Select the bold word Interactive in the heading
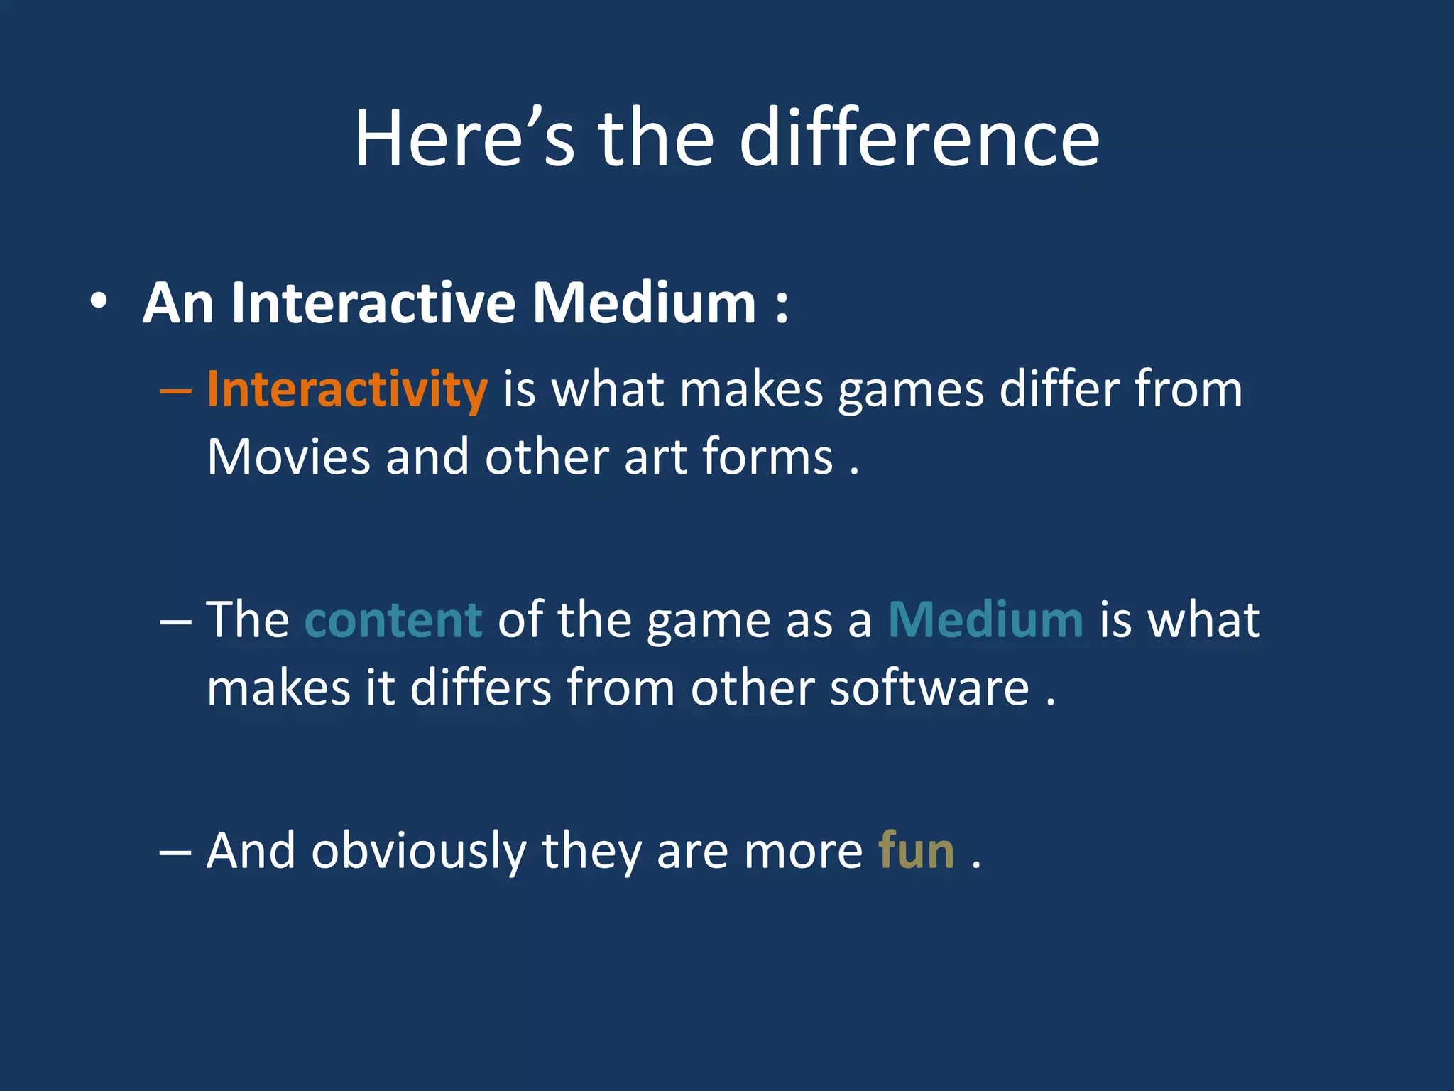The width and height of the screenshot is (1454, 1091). (373, 304)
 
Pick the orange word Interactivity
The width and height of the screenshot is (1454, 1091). (346, 391)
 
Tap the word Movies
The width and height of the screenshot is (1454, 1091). (288, 457)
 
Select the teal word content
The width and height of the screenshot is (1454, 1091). (393, 620)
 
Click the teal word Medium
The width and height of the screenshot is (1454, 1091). (985, 620)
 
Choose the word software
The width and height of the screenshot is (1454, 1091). (929, 688)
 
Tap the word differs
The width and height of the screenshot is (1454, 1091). (481, 688)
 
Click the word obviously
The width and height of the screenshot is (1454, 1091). (418, 852)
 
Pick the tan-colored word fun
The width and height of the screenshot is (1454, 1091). (916, 852)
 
